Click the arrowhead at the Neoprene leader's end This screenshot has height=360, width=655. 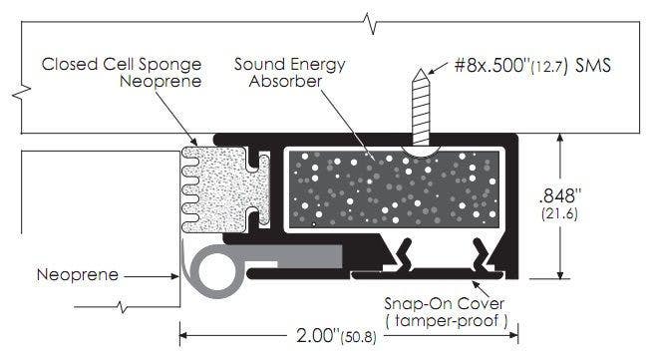point(176,272)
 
